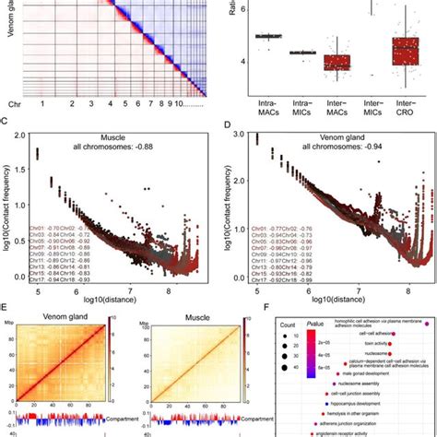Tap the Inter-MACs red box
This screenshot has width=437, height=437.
(337, 63)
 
